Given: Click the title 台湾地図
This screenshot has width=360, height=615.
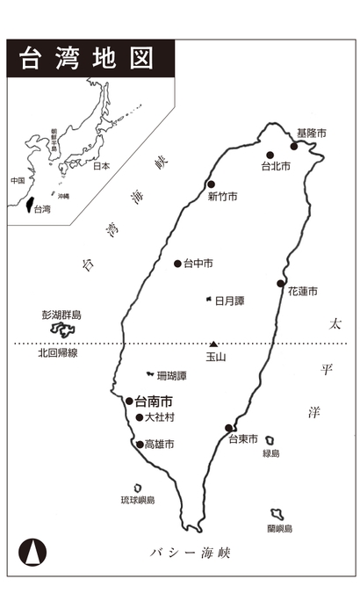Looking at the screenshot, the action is coord(85,58).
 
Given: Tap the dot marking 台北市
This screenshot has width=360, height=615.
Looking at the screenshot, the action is coord(270,155).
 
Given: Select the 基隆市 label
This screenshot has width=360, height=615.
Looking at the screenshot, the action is coord(311,133).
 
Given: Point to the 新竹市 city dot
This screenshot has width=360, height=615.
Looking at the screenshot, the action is coord(211,184).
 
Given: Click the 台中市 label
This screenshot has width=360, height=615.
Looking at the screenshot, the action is coord(198,264).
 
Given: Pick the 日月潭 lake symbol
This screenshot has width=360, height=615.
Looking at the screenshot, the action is coord(208,300).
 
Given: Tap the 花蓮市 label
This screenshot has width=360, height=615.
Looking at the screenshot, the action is coord(302,291).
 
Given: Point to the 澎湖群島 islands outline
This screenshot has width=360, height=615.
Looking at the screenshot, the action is coord(62,329).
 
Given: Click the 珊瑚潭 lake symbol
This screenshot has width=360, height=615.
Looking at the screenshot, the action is coord(150,375).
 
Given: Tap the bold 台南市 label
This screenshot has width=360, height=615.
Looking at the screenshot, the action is coord(154,401).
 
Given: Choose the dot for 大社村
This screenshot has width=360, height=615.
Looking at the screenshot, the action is coord(139,417).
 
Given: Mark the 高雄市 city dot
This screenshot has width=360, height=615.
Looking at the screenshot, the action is coord(140,444).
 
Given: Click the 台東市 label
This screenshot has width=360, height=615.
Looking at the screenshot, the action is coord(243,439).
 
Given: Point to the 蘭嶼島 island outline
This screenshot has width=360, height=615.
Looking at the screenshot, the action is coord(277,514).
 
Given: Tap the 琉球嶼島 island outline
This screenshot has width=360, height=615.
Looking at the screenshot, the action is coord(138,488).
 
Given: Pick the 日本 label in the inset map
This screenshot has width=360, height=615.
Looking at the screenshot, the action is coord(101,165).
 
